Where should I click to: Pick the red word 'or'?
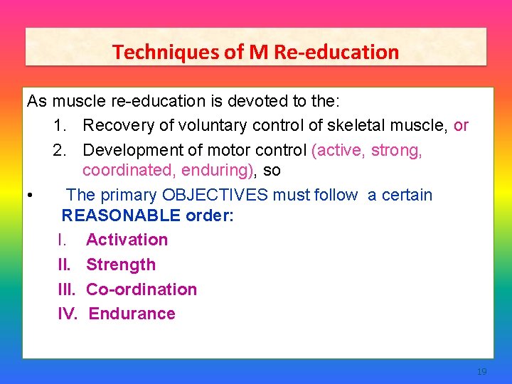[x=461, y=126]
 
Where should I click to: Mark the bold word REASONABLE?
[x=121, y=215]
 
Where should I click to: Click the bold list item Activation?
[x=127, y=240]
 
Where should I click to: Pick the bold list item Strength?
[x=120, y=265]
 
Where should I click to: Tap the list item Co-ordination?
[x=142, y=289]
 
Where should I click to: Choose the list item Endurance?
[x=132, y=314]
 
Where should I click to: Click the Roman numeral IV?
[x=68, y=314]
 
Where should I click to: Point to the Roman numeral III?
[x=66, y=289]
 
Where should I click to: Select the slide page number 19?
[x=481, y=372]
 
